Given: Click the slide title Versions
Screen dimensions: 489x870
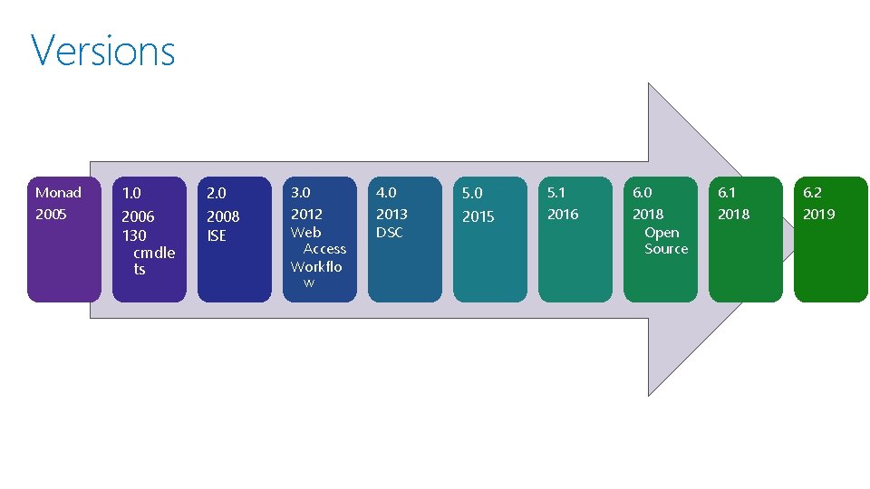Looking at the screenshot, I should click(102, 51).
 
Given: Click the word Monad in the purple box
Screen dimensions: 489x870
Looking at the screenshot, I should click(58, 192).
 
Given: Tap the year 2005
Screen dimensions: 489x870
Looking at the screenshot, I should click(51, 215).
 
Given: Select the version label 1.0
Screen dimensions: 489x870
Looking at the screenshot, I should click(131, 193).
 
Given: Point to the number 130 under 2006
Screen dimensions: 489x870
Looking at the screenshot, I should click(134, 235).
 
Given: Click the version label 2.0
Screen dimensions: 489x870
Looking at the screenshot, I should click(217, 193).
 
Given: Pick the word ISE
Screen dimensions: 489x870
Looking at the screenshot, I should click(217, 235).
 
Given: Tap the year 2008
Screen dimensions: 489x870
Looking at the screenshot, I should click(223, 216).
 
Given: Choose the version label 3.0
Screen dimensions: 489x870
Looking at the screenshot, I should click(300, 192).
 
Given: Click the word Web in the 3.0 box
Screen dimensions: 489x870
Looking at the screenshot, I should click(305, 232).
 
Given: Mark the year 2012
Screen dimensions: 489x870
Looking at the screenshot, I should click(306, 214).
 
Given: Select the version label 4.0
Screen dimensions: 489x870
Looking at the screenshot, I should click(386, 192).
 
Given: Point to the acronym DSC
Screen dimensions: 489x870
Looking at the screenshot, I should click(390, 232).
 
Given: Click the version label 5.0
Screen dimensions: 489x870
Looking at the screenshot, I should click(472, 193).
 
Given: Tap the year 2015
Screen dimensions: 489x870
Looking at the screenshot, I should click(478, 216).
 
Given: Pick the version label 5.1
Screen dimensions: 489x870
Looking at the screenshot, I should click(556, 192).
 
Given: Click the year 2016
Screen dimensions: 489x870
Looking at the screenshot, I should click(563, 214).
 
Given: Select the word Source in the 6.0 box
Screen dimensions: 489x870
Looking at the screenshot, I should click(666, 248).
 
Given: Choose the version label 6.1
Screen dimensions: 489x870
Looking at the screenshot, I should click(727, 192).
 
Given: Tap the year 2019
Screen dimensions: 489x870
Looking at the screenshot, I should click(818, 214).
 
